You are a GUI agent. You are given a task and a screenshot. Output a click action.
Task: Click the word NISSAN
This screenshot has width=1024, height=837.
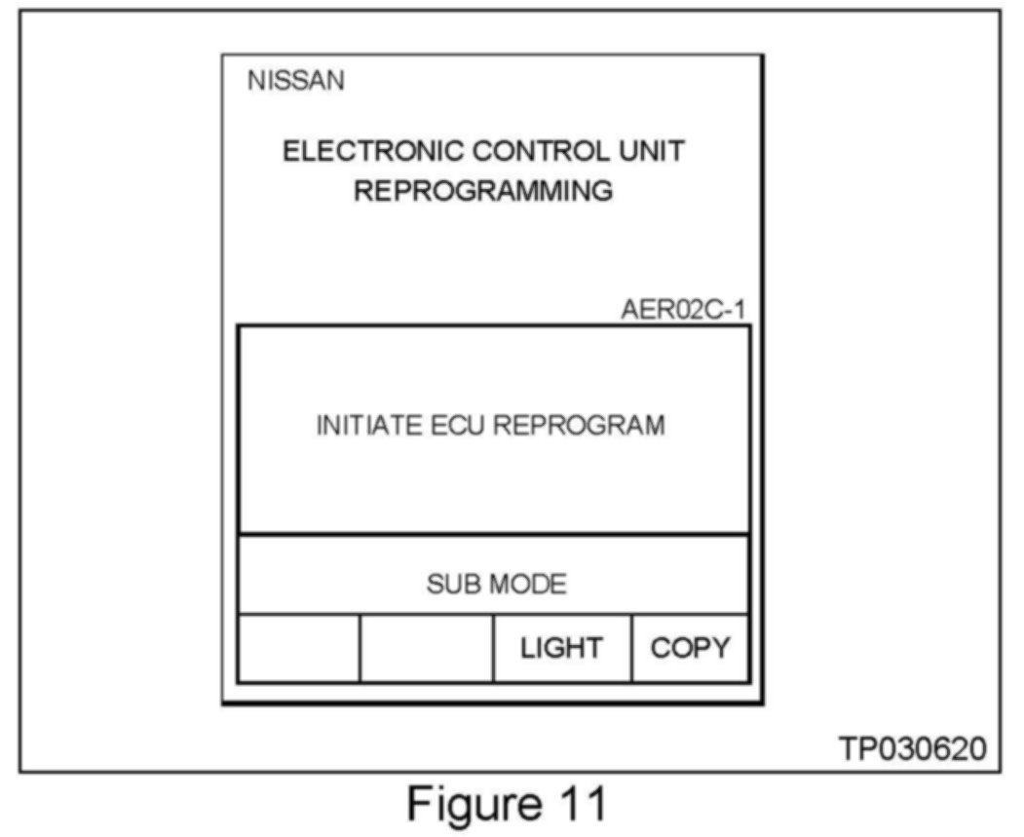tap(295, 81)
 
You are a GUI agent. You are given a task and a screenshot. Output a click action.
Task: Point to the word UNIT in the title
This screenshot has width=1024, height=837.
tap(653, 152)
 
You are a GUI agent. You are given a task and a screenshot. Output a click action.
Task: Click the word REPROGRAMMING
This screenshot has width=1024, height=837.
tap(483, 191)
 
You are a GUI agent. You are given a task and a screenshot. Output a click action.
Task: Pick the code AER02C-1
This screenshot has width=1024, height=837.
tap(684, 311)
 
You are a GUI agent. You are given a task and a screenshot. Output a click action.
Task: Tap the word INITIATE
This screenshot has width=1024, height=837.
tap(369, 426)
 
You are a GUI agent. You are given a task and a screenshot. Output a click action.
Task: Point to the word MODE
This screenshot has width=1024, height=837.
tap(527, 585)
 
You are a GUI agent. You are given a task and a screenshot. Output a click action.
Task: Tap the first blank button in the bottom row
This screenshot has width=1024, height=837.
tap(299, 648)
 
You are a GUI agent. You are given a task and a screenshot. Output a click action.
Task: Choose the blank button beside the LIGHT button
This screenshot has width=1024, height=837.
tap(426, 648)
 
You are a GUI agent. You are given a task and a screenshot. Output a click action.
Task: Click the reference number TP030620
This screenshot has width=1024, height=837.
tap(912, 749)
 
